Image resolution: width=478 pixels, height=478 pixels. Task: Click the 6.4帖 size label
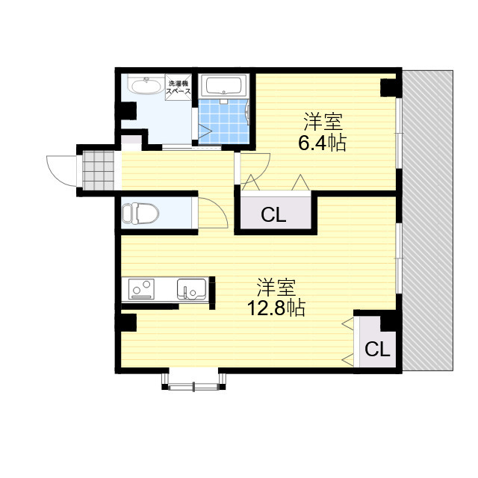pos(322,143)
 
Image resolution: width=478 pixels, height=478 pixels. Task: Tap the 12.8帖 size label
pos(276,308)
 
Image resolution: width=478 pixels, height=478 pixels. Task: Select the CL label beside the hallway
pos(273,216)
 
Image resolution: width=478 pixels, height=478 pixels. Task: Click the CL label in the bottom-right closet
pos(377,349)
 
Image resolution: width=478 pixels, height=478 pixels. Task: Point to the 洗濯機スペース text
pos(179,86)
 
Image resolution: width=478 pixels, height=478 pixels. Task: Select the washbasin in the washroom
pos(143,87)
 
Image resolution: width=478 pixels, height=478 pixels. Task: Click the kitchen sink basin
pos(192,288)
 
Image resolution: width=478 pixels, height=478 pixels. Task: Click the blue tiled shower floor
pos(222,120)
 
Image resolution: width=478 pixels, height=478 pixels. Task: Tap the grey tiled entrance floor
pos(100,171)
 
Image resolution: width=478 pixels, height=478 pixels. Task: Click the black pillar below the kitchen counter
pos(126,323)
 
